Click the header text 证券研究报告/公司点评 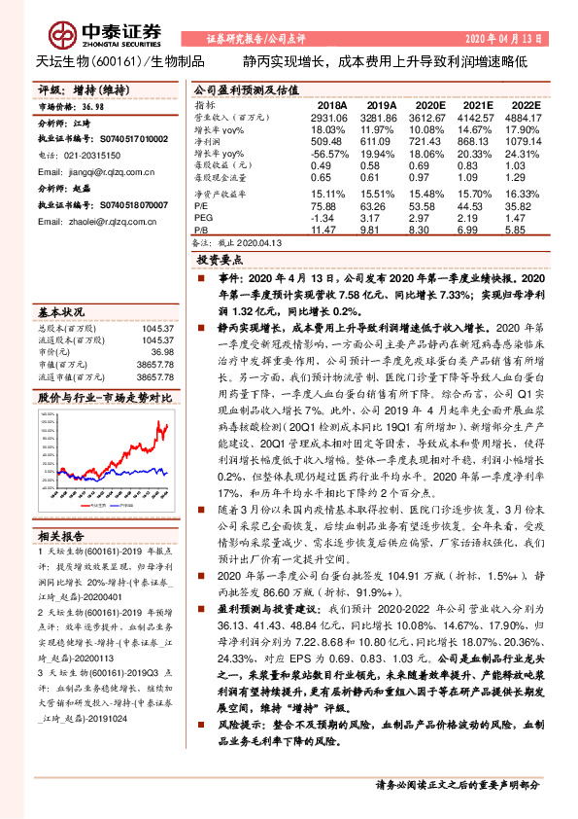(x=256, y=39)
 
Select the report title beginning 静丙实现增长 (x=385, y=61)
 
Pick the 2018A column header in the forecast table (x=330, y=103)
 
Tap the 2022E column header (x=524, y=103)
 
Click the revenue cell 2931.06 (x=329, y=116)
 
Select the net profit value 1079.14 (x=524, y=140)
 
